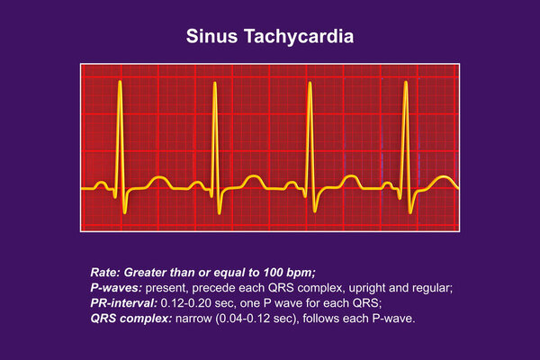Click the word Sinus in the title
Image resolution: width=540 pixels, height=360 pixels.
click(x=211, y=36)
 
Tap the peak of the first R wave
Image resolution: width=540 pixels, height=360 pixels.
click(x=120, y=82)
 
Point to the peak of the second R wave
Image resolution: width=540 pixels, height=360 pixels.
click(x=215, y=83)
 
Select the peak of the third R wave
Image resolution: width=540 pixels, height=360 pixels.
click(x=310, y=83)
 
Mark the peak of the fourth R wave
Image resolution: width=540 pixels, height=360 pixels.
click(x=406, y=82)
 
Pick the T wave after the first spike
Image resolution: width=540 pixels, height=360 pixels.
click(x=158, y=178)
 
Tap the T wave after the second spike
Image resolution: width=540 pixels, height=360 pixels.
click(x=254, y=177)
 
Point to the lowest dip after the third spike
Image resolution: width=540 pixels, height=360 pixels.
click(x=315, y=211)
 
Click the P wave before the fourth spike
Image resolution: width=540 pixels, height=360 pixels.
click(x=388, y=184)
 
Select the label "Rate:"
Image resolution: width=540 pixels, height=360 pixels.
click(x=105, y=273)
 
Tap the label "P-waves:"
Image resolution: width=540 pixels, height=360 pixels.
click(x=116, y=288)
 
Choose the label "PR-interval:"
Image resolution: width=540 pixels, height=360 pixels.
click(x=123, y=303)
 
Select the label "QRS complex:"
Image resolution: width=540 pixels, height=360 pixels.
click(x=130, y=319)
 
